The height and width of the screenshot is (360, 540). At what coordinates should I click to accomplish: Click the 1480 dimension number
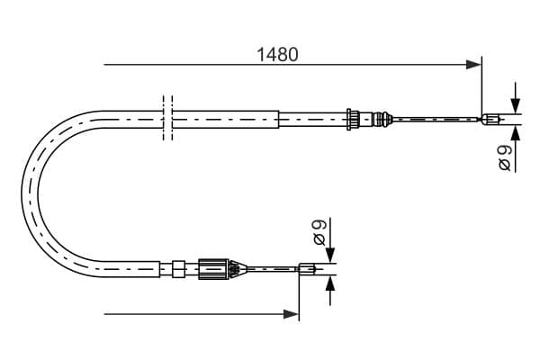(x=277, y=55)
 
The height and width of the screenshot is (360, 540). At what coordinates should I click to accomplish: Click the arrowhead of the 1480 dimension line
(x=473, y=65)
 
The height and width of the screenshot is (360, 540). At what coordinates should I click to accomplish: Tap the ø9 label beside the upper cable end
(x=505, y=157)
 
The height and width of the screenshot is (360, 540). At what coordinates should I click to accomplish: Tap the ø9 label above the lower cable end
(x=319, y=232)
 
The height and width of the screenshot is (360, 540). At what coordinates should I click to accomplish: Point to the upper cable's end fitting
(x=490, y=119)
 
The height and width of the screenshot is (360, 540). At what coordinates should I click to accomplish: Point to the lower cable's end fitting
(x=307, y=268)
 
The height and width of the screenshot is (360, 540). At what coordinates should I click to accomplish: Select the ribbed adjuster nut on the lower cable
(x=213, y=268)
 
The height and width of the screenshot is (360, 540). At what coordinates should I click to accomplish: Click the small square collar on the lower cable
(x=178, y=269)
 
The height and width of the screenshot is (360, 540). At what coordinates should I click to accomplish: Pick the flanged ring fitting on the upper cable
(x=353, y=119)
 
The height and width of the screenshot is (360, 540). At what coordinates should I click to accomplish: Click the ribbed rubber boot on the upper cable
(x=381, y=119)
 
